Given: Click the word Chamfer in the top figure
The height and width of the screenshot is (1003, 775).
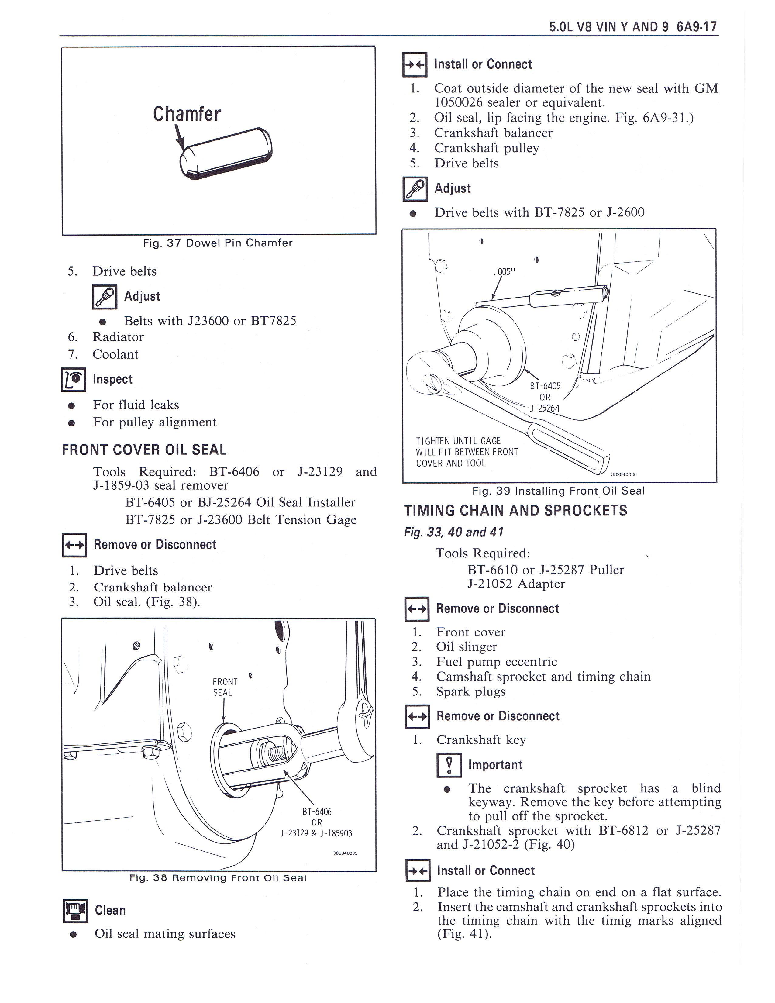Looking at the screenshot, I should point(187,114).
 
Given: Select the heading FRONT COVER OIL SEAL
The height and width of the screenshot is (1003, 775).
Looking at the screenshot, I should point(144,450).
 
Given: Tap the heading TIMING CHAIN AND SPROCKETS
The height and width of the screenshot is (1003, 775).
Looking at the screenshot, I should point(515,511).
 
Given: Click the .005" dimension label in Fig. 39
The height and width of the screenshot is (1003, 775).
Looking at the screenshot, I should point(505,272).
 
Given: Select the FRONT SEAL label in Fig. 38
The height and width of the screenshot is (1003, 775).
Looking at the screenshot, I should point(225,687).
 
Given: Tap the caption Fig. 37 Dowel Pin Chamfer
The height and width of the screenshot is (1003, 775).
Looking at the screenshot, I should point(218,243).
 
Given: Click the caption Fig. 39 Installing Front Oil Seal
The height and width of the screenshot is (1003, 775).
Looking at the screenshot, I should point(558,491).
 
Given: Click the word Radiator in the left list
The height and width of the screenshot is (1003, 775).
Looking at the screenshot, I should point(118,337).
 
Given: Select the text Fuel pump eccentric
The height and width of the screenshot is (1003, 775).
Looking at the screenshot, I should point(496,662).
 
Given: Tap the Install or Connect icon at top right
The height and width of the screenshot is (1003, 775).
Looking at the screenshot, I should point(415,65).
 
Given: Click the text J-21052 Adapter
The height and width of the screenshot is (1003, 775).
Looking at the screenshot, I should point(516,584).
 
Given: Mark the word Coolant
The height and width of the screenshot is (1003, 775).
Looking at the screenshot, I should point(115,354).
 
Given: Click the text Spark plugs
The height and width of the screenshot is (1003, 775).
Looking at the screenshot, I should point(470,692).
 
